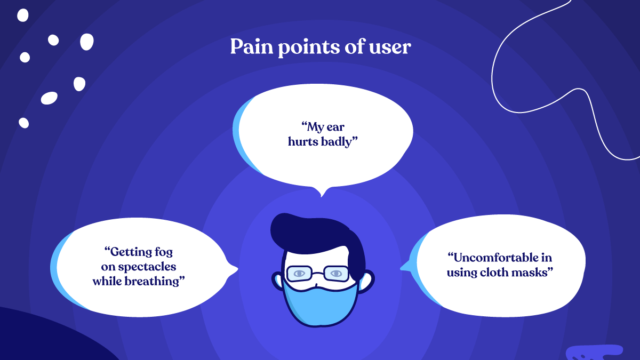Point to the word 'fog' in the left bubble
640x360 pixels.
point(163,251)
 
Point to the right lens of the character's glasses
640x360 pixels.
point(336,274)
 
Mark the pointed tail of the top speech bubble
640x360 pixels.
point(322,193)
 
